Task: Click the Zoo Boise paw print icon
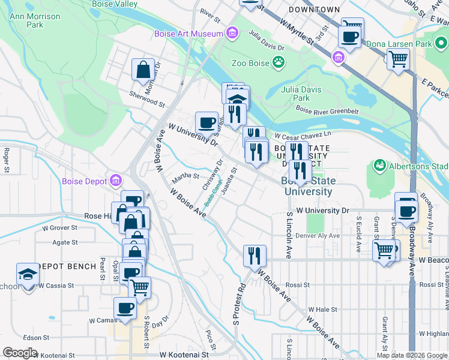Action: point(279,61)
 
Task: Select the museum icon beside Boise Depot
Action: point(116,180)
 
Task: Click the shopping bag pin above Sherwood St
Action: point(143,70)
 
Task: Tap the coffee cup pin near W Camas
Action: point(125,308)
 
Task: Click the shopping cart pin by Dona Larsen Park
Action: point(397,60)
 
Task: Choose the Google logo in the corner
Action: point(20,353)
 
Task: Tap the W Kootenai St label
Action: point(185,355)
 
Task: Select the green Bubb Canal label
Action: point(212,193)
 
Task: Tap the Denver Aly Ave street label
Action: point(318,236)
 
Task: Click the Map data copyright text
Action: point(412,355)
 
